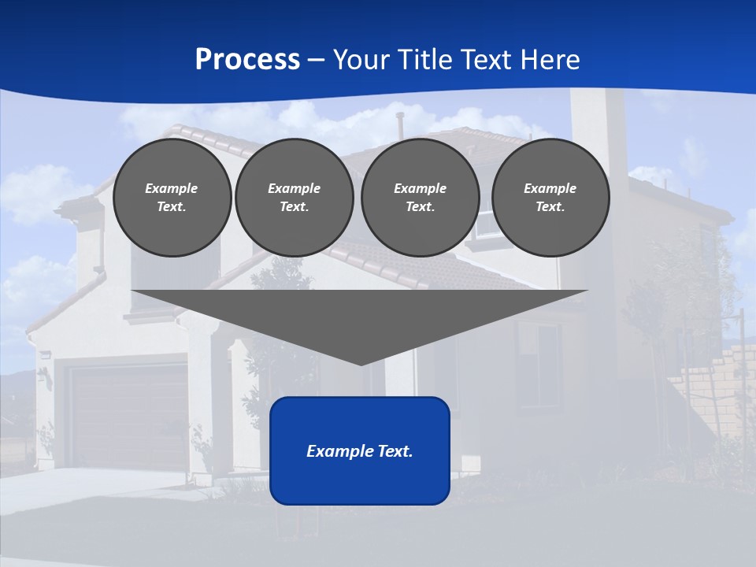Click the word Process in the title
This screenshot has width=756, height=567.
247,60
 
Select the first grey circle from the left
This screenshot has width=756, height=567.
172,198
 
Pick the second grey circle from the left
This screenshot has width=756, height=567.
294,198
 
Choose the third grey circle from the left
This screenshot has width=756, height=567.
420,198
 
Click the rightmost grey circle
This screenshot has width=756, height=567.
550,198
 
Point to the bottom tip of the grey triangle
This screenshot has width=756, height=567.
361,364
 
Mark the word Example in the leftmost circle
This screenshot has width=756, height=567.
172,188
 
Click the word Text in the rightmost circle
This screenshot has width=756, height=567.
550,207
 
